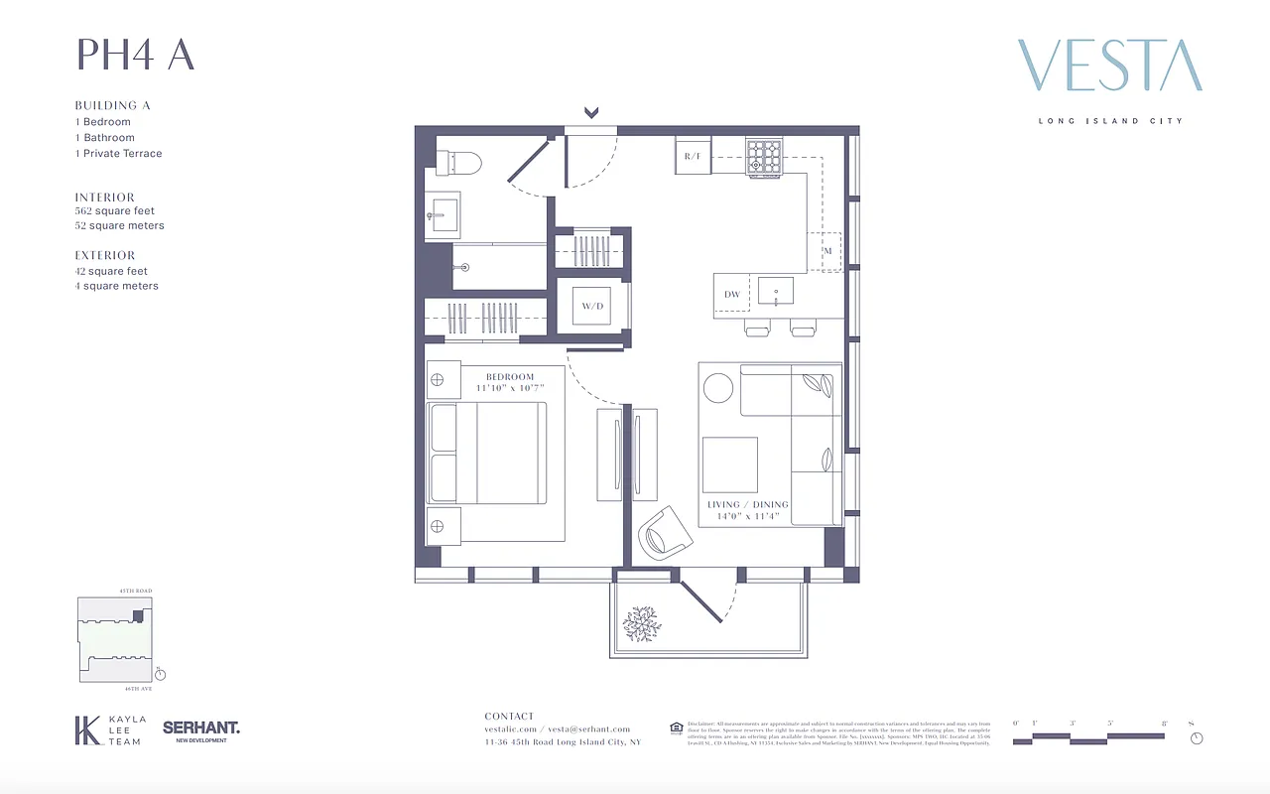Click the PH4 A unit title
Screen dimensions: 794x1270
135,56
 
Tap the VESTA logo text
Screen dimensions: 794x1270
1109,66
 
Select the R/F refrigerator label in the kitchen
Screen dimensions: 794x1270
693,157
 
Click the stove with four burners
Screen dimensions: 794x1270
764,158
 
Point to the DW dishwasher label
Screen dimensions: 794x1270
732,295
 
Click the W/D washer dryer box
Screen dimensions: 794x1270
592,307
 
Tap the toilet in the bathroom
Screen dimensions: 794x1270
460,162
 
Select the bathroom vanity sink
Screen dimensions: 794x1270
443,212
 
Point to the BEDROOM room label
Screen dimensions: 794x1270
510,377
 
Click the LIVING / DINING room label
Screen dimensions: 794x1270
748,505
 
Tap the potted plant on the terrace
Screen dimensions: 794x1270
641,623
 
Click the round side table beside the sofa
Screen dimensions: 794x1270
718,388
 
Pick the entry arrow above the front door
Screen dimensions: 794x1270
591,112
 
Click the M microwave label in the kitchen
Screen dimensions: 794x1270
827,252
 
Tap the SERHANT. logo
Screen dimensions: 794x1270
201,728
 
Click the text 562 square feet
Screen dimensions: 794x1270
115,210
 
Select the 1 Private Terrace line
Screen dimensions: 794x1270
118,154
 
